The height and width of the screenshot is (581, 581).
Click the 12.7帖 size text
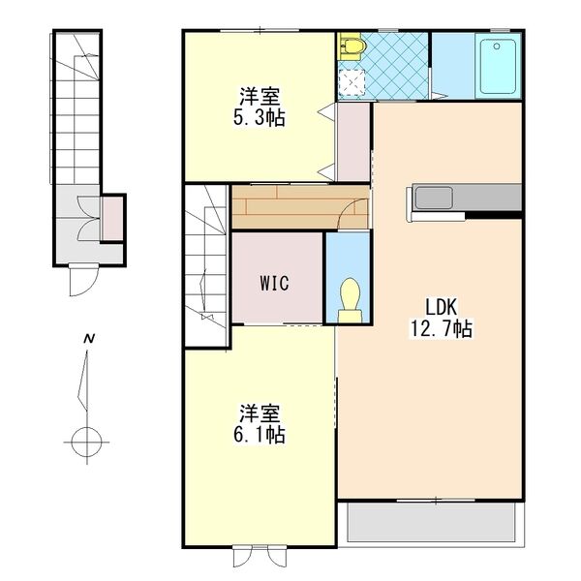click(x=441, y=330)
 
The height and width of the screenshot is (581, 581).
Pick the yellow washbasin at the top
click(x=352, y=44)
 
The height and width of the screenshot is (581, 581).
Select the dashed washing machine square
click(x=352, y=83)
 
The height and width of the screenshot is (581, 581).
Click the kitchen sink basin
click(x=427, y=198)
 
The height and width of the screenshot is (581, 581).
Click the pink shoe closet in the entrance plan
click(x=114, y=218)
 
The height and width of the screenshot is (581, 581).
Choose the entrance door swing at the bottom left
click(x=80, y=282)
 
